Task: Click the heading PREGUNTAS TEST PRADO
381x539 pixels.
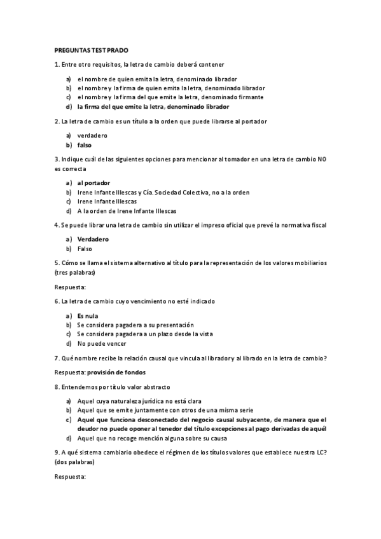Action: pyautogui.click(x=92, y=49)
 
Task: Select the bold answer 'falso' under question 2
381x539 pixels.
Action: pyautogui.click(x=85, y=145)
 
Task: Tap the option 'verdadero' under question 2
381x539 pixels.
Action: pyautogui.click(x=92, y=135)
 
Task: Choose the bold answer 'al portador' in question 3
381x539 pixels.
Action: pyautogui.click(x=94, y=182)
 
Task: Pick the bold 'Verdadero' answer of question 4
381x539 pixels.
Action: pyautogui.click(x=94, y=239)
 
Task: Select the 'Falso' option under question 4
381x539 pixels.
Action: pyautogui.click(x=85, y=249)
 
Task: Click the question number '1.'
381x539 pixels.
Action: pyautogui.click(x=57, y=64)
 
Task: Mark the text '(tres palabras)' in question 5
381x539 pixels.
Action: pyautogui.click(x=75, y=273)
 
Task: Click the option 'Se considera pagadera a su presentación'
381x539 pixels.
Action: pyautogui.click(x=135, y=325)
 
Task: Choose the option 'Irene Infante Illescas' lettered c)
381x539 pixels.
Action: pyautogui.click(x=107, y=201)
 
